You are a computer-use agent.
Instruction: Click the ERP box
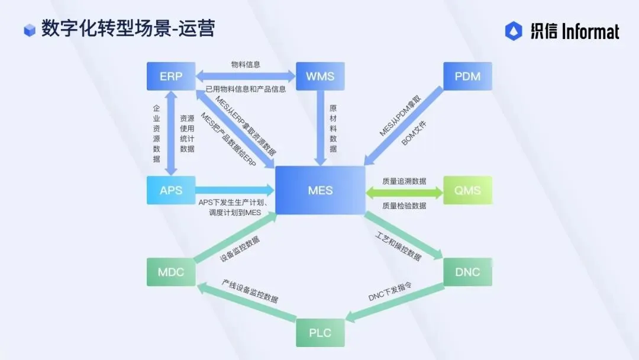(171, 76)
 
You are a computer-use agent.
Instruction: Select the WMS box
(320, 76)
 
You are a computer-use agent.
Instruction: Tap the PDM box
(467, 76)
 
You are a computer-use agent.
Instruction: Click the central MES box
(320, 191)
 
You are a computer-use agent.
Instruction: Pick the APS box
(171, 191)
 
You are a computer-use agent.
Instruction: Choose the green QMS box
(467, 191)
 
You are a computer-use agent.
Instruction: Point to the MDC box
(171, 272)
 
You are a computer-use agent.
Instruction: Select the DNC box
(467, 272)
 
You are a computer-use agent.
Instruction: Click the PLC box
(320, 333)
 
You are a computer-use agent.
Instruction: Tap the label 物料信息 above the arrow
(246, 64)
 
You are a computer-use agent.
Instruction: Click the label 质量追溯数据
(404, 181)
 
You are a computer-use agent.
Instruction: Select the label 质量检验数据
(404, 205)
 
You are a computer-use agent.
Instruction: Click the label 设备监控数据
(240, 249)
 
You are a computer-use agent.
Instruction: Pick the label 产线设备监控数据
(250, 290)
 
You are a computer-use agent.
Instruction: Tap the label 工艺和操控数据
(398, 247)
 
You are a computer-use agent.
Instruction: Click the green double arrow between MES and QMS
(404, 192)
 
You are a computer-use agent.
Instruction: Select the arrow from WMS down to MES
(320, 127)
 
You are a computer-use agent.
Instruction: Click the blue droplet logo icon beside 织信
(514, 31)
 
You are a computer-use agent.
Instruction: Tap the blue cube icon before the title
(30, 30)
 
